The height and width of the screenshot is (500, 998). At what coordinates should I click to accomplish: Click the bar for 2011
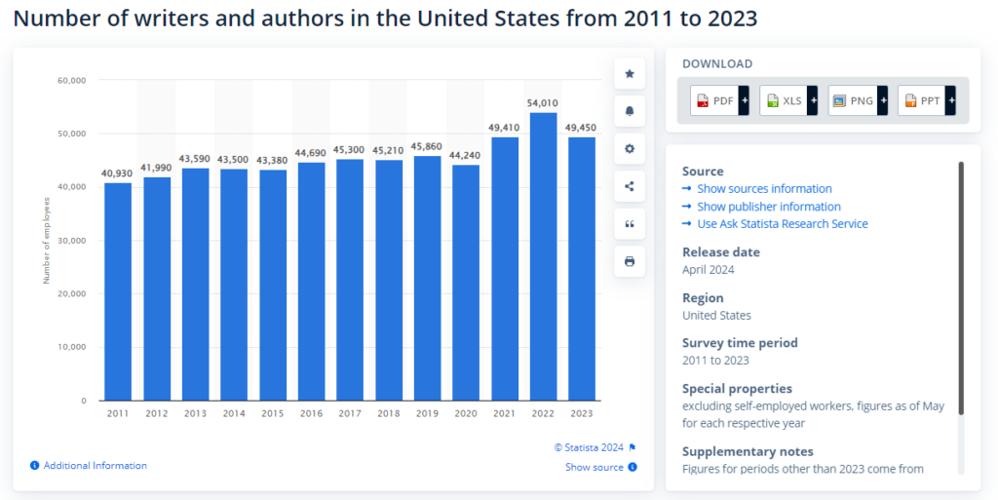(x=118, y=291)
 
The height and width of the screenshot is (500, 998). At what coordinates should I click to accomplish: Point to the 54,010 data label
(x=543, y=102)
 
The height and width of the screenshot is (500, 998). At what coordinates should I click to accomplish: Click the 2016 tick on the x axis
(x=311, y=413)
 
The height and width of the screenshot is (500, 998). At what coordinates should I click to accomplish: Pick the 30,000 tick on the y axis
(x=73, y=241)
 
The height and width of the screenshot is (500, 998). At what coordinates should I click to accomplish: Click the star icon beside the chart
(x=630, y=74)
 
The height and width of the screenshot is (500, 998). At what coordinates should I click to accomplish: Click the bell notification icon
(x=630, y=111)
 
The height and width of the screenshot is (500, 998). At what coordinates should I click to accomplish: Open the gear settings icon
(x=630, y=148)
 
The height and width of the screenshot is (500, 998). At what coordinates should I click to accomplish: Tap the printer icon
(x=630, y=261)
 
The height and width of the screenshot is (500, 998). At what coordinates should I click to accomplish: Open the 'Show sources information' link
(x=764, y=189)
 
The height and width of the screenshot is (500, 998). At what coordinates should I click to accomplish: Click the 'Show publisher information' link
(x=768, y=207)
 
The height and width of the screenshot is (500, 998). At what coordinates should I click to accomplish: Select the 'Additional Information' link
(x=95, y=466)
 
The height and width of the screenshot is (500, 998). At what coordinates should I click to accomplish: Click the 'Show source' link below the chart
(x=595, y=467)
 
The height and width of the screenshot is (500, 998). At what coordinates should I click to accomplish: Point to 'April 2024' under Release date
(x=709, y=270)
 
